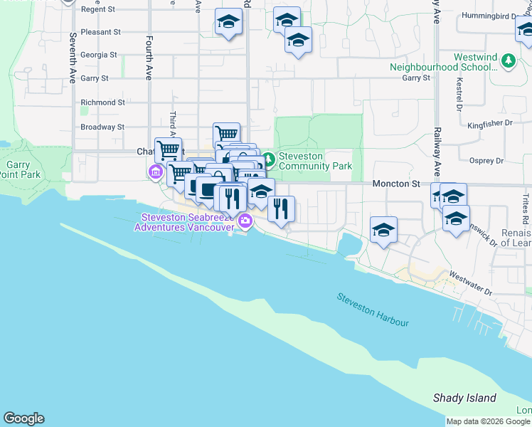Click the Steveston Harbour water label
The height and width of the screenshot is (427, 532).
(373, 310)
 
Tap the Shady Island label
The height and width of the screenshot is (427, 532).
(464, 398)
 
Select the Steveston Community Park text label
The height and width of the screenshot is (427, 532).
(315, 161)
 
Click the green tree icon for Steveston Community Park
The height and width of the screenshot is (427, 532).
(268, 158)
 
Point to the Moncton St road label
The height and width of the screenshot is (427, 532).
(395, 184)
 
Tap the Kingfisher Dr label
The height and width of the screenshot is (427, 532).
(490, 123)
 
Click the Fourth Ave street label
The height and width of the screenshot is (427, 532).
(149, 58)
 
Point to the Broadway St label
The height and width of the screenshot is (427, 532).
(102, 127)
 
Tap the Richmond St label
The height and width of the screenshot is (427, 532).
(102, 102)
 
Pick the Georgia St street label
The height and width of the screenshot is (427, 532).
(99, 55)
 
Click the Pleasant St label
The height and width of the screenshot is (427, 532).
(100, 32)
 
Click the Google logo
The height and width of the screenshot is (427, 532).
(23, 418)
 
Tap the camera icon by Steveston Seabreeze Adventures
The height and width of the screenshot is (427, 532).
(245, 221)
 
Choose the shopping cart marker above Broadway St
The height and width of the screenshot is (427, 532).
(226, 134)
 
